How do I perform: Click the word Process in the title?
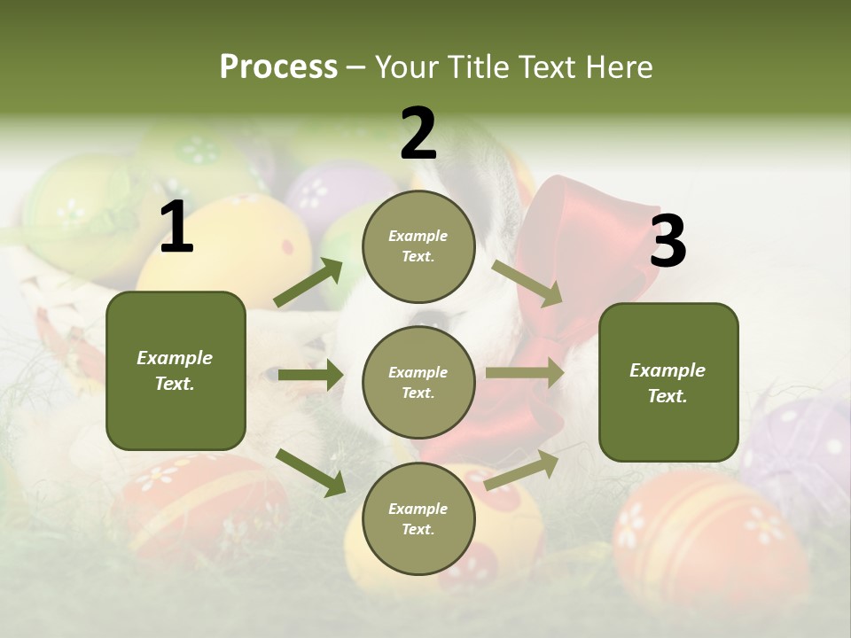[x=278, y=66]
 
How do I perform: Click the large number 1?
[x=176, y=228]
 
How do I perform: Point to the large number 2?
[x=418, y=134]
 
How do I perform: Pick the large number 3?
[x=668, y=241]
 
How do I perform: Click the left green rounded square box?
[x=176, y=370]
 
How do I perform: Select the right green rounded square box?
[x=668, y=383]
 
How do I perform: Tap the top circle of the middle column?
[x=418, y=246]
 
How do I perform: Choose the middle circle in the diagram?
[x=418, y=383]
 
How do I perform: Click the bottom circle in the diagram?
[x=418, y=519]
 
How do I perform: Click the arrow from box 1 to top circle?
[x=308, y=283]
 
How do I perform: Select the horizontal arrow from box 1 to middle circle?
[x=310, y=375]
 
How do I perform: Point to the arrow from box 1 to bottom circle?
[x=310, y=472]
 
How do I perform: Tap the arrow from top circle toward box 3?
[x=527, y=283]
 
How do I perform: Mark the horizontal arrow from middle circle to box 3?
[x=525, y=372]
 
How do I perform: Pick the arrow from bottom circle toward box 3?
[x=521, y=469]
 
